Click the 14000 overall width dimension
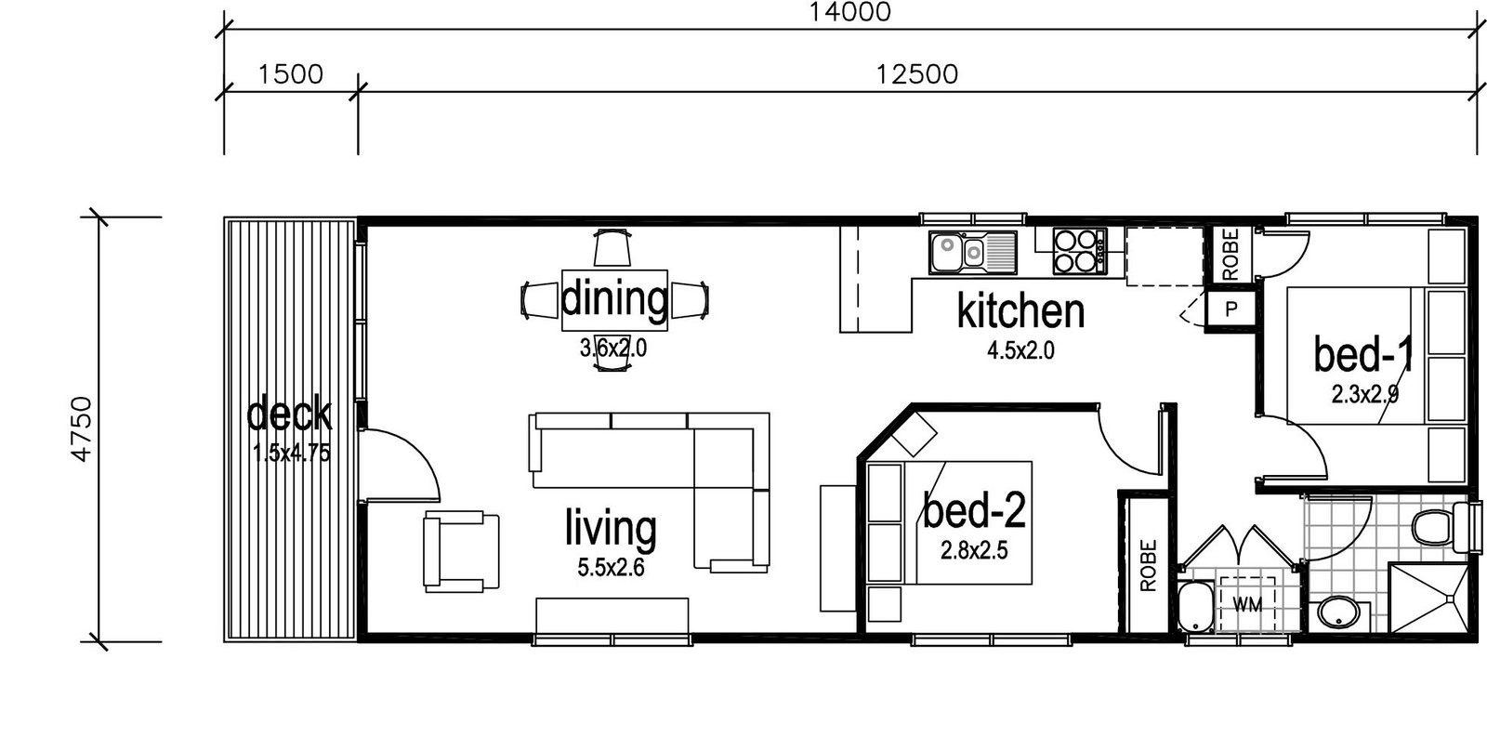[x=849, y=13]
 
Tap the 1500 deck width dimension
[x=290, y=74]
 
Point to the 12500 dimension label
[x=916, y=74]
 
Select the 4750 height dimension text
[x=82, y=428]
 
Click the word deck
[x=289, y=413]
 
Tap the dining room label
[x=614, y=298]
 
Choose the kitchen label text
[x=1021, y=310]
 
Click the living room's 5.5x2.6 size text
[x=611, y=568]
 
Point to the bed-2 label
[x=975, y=510]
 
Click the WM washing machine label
[x=1247, y=605]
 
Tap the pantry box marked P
[x=1231, y=309]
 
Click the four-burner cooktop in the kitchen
[x=1079, y=251]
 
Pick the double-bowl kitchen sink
[x=973, y=252]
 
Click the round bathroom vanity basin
[x=1338, y=613]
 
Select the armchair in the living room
[x=461, y=552]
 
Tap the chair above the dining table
[x=612, y=247]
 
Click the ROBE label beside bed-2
[x=1149, y=565]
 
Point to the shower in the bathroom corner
[x=1428, y=599]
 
